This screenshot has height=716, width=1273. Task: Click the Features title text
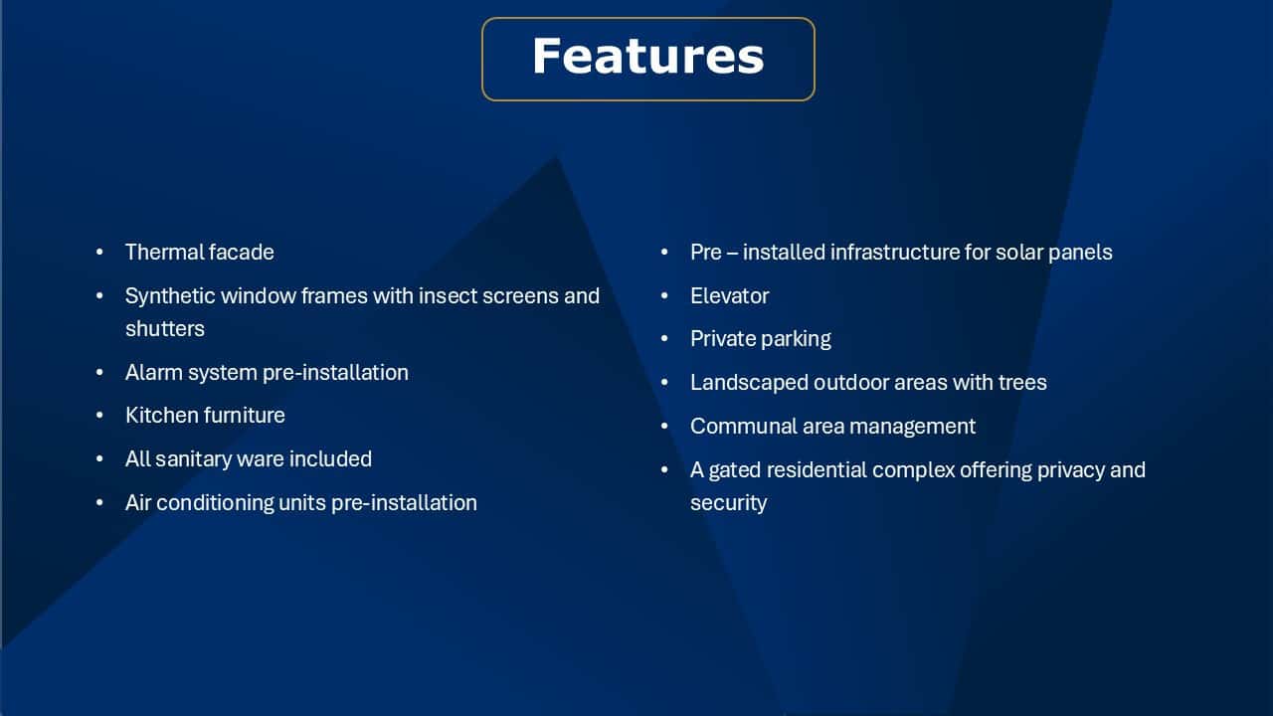[647, 57]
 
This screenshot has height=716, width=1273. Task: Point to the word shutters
[165, 329]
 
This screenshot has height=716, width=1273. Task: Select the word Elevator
[730, 296]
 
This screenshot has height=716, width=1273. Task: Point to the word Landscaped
[749, 383]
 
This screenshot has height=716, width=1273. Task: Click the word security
[729, 503]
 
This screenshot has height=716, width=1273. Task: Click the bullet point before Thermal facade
[100, 253]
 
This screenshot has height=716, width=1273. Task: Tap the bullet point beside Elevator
[664, 296]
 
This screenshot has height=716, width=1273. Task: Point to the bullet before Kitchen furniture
[100, 416]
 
